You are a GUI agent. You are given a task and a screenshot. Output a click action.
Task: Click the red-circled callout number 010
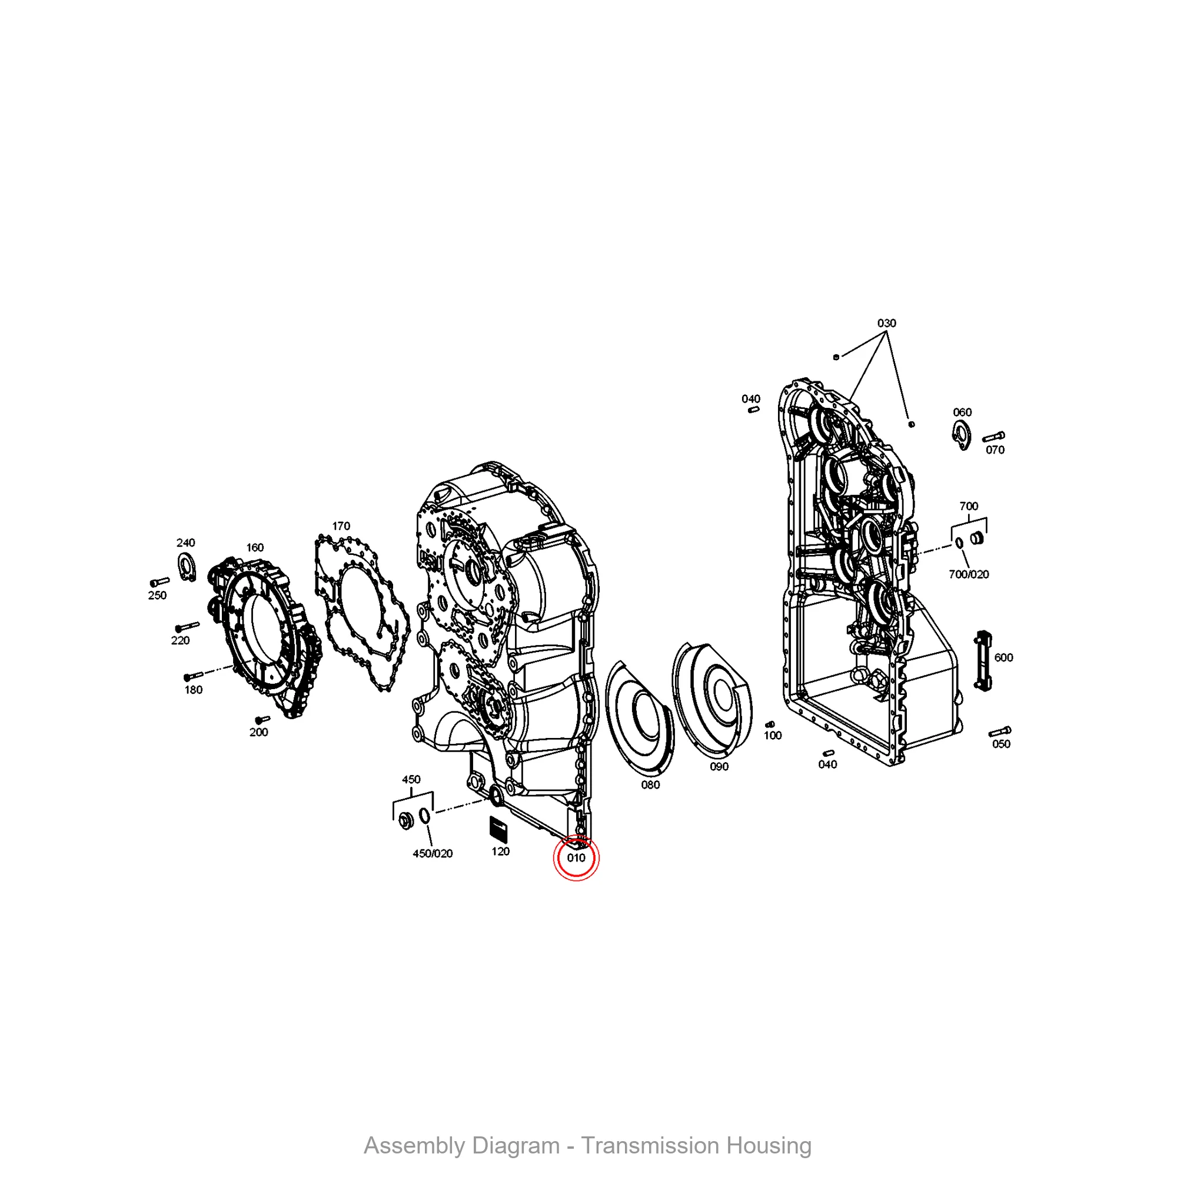click(576, 858)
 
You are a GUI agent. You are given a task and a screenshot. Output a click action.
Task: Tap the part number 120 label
click(500, 852)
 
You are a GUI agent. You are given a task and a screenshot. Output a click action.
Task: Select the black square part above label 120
click(499, 830)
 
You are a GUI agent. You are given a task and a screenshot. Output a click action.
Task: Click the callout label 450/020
click(433, 853)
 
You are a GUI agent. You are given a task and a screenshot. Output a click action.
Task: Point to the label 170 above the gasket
click(341, 526)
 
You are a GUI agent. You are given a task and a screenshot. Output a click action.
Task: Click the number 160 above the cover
click(255, 547)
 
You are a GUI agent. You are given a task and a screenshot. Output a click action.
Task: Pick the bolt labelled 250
click(159, 583)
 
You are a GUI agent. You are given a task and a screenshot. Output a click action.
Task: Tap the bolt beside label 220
click(187, 627)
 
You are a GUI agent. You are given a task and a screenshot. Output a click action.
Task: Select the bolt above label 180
click(193, 676)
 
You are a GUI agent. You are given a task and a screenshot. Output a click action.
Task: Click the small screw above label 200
click(262, 720)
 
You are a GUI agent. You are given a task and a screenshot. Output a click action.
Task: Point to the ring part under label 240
click(187, 567)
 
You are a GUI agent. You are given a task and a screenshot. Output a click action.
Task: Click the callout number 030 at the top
click(886, 323)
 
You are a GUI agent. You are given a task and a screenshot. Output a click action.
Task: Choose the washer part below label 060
click(962, 435)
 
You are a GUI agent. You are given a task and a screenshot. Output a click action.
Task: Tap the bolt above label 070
click(993, 437)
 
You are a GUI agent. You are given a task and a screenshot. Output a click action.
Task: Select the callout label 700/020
click(969, 574)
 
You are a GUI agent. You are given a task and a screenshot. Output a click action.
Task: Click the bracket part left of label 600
click(982, 661)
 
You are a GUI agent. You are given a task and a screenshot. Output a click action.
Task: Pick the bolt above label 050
click(1000, 731)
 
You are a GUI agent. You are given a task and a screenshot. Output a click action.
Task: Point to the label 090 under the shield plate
click(719, 766)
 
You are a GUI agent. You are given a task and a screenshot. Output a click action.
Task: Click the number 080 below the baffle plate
click(650, 784)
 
